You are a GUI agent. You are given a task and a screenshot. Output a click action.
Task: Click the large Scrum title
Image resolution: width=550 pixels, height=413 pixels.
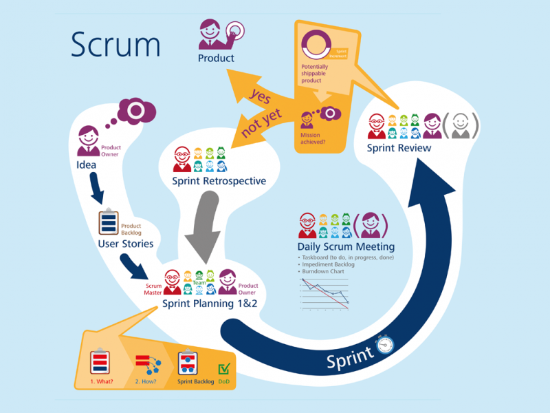pyautogui.click(x=115, y=45)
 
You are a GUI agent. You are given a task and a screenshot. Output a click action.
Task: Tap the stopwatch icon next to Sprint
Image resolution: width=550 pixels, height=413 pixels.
pyautogui.click(x=384, y=344)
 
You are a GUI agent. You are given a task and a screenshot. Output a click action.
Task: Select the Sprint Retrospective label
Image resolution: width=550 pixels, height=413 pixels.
pyautogui.click(x=219, y=181)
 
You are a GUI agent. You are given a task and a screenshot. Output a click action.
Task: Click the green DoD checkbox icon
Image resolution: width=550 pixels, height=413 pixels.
pyautogui.click(x=224, y=370)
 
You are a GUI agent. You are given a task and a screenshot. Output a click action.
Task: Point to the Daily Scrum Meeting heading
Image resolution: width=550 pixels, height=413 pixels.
pyautogui.click(x=346, y=246)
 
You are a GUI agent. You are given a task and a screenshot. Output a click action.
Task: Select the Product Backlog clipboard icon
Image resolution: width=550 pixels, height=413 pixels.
pyautogui.click(x=109, y=223)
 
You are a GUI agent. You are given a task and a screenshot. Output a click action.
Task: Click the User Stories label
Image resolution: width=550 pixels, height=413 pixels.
pyautogui.click(x=126, y=244)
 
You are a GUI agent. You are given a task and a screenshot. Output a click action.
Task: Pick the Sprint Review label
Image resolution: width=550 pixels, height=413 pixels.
pyautogui.click(x=399, y=148)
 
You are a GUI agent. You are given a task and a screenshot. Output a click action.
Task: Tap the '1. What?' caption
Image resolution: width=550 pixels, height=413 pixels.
pyautogui.click(x=101, y=381)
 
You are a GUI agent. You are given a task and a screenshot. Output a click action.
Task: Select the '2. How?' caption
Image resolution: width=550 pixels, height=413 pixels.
pyautogui.click(x=146, y=381)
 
